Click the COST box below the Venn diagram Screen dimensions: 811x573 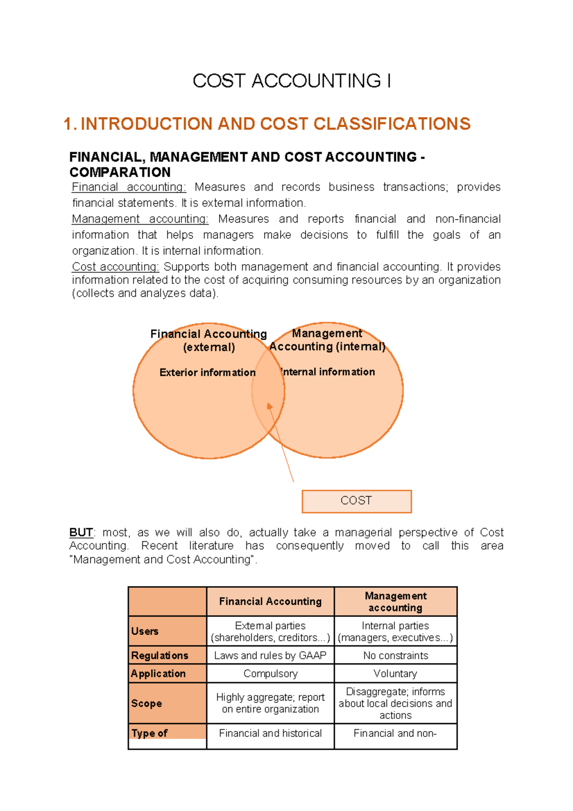[356, 501]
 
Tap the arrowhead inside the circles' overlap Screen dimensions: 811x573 [269, 406]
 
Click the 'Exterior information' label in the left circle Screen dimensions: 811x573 [207, 373]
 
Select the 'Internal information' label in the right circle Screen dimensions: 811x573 [328, 372]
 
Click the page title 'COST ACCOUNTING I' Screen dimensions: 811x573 [292, 81]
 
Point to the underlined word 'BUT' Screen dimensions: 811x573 [81, 533]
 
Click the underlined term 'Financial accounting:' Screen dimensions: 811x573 [129, 187]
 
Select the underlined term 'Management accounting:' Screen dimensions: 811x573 [140, 219]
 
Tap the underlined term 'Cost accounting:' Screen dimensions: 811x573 [115, 267]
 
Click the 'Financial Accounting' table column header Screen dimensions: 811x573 [270, 602]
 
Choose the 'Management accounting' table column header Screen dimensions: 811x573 [395, 602]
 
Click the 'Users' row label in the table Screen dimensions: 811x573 [145, 631]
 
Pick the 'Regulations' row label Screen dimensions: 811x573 [159, 656]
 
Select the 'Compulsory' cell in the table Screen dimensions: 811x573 [270, 674]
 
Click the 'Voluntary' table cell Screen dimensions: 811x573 [395, 674]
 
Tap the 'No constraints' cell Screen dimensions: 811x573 [395, 656]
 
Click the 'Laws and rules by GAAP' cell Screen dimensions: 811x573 [270, 656]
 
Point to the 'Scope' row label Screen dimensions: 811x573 [146, 704]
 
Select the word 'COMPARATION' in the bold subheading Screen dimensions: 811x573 [120, 172]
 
